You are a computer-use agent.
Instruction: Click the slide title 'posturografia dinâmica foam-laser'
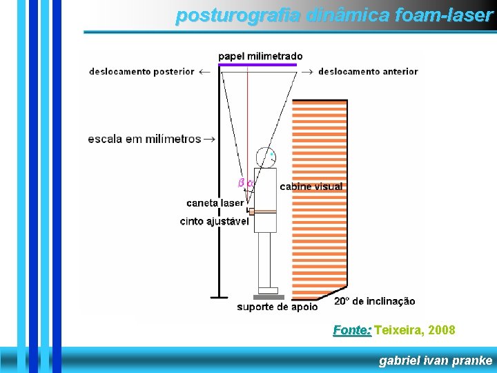[334, 15]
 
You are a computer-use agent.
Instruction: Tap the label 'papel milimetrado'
[260, 56]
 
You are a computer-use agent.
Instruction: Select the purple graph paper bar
[257, 65]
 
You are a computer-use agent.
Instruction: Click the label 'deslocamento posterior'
[142, 71]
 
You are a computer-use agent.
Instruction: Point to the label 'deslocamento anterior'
[368, 71]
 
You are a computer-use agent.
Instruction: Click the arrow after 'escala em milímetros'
[208, 138]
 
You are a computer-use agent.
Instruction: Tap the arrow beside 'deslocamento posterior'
[204, 71]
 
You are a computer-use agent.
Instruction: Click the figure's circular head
[265, 157]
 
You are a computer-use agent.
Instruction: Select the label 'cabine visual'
[311, 186]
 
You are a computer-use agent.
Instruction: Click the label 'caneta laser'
[215, 203]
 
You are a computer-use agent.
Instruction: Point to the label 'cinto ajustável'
[214, 221]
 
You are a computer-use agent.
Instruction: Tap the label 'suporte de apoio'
[277, 307]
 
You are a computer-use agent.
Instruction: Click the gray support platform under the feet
[268, 297]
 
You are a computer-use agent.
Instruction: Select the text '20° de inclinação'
[375, 301]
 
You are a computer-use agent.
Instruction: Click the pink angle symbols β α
[246, 183]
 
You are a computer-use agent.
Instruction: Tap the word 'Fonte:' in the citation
[352, 330]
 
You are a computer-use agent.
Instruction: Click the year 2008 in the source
[441, 330]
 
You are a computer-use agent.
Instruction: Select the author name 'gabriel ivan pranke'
[436, 360]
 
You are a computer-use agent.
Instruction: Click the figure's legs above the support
[265, 259]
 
